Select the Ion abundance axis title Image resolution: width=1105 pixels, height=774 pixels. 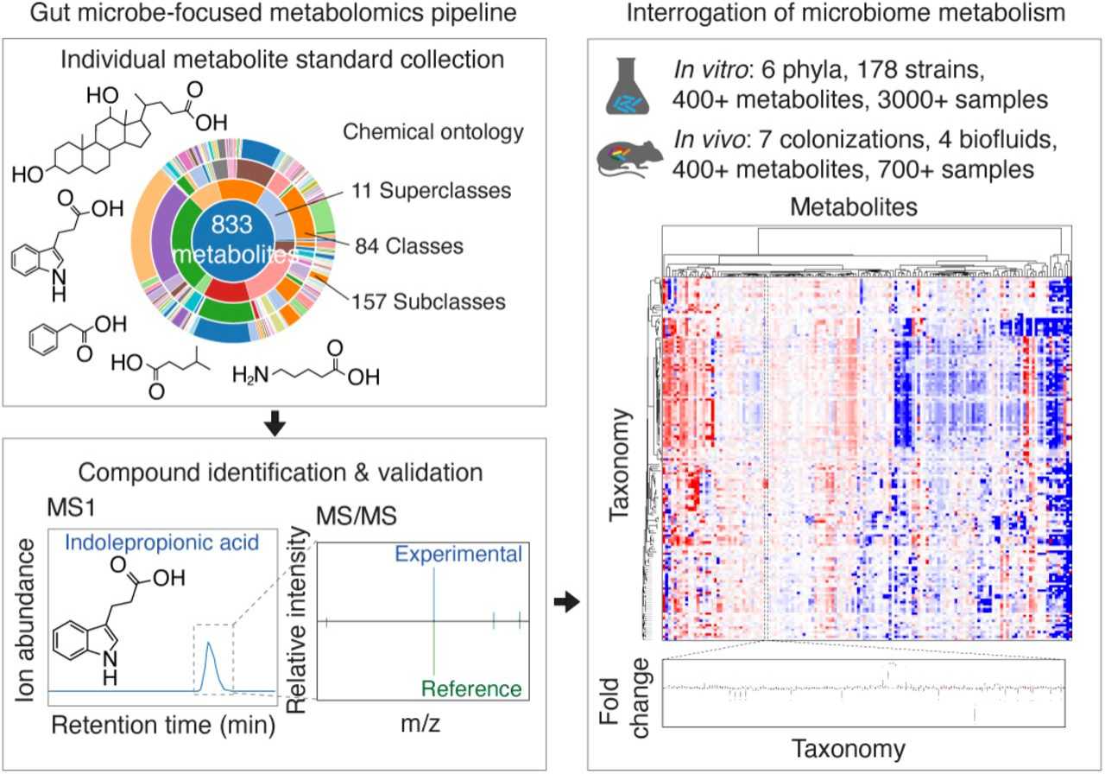coord(26,614)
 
